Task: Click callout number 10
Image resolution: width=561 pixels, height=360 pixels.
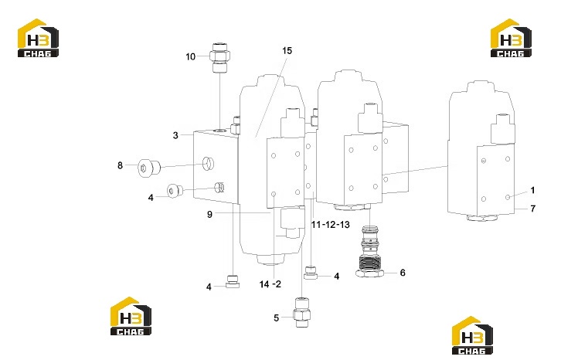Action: click(x=190, y=56)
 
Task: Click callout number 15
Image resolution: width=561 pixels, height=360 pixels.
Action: click(x=287, y=51)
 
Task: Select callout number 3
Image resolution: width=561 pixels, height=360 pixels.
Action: click(x=175, y=135)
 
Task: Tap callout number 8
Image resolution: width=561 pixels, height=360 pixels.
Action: click(x=120, y=165)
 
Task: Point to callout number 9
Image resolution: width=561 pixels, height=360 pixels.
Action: click(x=209, y=214)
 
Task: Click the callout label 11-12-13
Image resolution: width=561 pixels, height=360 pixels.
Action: click(x=330, y=225)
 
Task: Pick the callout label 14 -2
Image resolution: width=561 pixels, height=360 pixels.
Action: click(x=270, y=284)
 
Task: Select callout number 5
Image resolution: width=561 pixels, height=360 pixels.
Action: click(x=276, y=318)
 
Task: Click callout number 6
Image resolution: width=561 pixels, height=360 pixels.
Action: click(x=403, y=273)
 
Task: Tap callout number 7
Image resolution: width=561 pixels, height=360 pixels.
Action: click(x=532, y=209)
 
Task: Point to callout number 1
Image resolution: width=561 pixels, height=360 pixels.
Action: click(x=532, y=190)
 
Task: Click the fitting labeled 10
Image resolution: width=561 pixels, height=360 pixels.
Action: click(x=220, y=58)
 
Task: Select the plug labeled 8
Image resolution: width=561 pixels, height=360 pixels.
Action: click(x=149, y=168)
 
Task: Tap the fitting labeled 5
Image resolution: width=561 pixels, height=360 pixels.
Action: click(x=301, y=312)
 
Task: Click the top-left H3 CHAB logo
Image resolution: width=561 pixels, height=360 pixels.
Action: click(x=38, y=38)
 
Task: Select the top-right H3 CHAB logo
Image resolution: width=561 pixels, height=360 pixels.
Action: click(x=511, y=38)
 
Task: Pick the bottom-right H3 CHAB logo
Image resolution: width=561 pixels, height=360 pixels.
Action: click(x=472, y=336)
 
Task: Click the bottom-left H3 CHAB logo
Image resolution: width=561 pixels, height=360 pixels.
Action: click(x=131, y=316)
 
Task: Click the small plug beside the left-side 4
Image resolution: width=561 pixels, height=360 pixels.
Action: click(x=175, y=191)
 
